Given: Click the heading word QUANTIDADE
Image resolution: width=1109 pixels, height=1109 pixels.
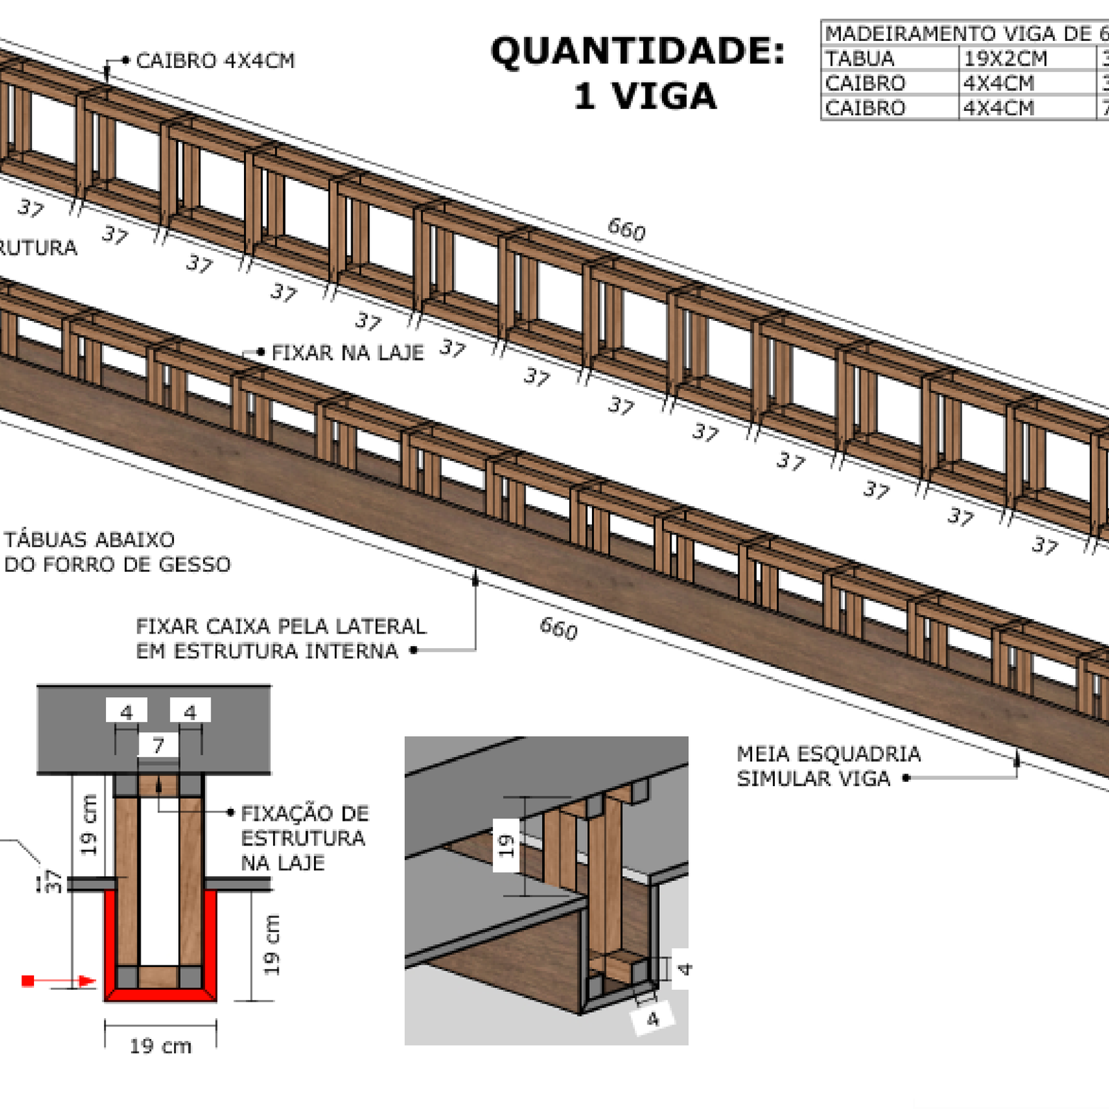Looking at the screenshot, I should coord(638,52).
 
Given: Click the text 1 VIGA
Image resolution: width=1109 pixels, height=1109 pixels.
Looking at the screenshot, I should coord(645,96).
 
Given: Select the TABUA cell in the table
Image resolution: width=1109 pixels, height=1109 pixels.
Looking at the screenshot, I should coord(860,59).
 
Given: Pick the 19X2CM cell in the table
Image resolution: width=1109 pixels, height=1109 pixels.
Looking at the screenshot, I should coord(1005,59).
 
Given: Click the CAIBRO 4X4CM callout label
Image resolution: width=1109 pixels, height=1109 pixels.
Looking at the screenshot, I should coord(215,61).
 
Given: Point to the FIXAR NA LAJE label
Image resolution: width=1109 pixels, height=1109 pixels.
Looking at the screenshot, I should coord(347,353).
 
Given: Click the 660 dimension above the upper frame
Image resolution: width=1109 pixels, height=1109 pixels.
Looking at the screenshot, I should coord(627,229).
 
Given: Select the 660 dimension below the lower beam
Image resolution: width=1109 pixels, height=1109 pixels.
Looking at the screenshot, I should coord(559,629).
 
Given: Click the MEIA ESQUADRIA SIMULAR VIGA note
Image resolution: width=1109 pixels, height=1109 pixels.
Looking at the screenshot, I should coord(828,766).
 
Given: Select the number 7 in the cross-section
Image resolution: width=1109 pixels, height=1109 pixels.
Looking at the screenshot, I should coord(159,745).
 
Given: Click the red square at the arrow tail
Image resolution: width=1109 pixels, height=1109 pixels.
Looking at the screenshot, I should coord(28,981).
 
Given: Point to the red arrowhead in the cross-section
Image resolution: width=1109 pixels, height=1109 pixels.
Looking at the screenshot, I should coord(87,981).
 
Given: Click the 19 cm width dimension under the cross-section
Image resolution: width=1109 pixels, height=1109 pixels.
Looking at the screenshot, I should coord(160,1046).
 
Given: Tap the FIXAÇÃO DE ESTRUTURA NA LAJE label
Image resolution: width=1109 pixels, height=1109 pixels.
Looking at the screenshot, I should coord(304,837).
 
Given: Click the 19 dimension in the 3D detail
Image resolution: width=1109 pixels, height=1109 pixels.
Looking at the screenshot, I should coord(506,844).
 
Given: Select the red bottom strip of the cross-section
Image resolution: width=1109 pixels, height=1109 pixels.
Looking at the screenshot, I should coord(160,995).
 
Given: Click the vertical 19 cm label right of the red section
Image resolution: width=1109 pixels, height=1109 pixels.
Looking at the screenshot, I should coord(272,945).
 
